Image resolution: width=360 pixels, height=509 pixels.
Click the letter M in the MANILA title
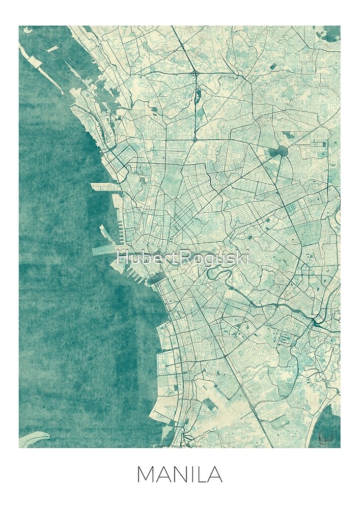pos(146,475)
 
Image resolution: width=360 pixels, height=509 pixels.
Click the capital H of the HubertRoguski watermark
pos(122,259)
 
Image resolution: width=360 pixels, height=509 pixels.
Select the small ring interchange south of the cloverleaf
pos(195,138)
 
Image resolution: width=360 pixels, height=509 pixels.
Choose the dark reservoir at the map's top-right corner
pos(333,33)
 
